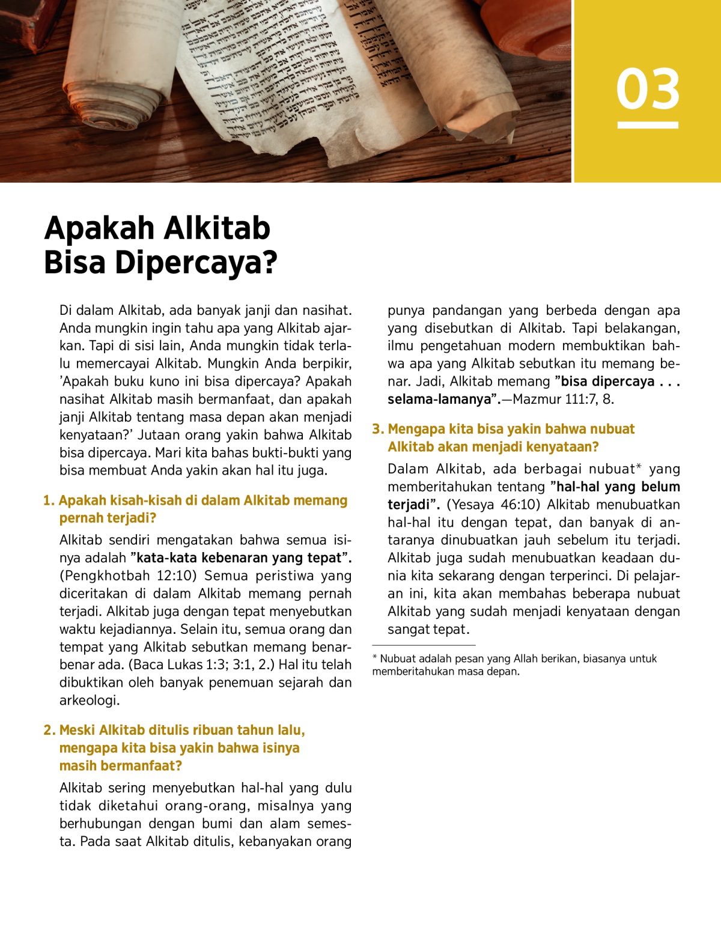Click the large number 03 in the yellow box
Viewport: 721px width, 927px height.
click(648, 90)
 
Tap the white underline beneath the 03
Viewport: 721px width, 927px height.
click(648, 125)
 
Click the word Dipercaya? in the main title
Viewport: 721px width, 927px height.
click(195, 263)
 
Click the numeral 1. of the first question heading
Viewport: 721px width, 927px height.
click(49, 500)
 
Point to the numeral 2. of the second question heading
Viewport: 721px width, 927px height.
click(49, 730)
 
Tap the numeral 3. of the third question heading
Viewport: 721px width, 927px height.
click(378, 429)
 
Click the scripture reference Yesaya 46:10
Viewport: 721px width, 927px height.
click(494, 505)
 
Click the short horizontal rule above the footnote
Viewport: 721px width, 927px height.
click(424, 645)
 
